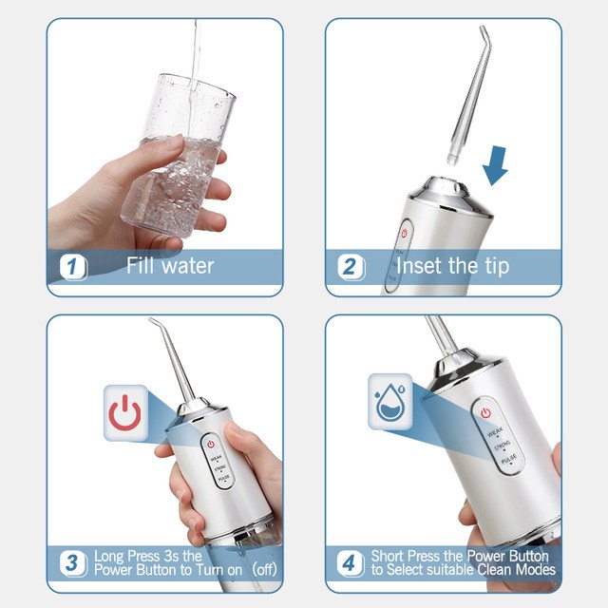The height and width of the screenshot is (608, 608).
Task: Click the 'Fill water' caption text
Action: [170, 266]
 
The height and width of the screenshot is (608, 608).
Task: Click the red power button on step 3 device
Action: [211, 444]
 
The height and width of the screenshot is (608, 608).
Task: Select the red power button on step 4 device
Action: [485, 413]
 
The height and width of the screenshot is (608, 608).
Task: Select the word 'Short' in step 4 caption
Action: [389, 556]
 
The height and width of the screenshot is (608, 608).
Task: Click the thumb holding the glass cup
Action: [142, 152]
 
